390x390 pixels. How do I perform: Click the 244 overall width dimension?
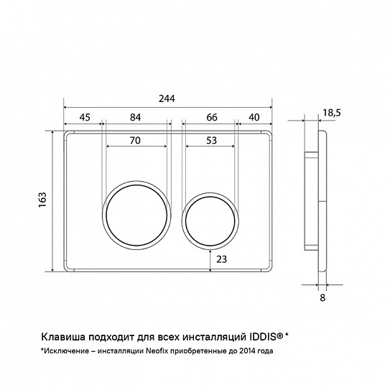click(167, 98)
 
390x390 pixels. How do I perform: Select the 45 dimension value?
click(85, 117)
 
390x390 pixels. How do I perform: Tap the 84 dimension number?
click(136, 117)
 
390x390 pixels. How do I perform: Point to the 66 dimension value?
click(212, 117)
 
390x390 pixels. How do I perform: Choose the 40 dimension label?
click(254, 117)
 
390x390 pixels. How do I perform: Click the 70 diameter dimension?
click(135, 141)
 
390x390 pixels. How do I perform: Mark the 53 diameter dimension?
click(212, 141)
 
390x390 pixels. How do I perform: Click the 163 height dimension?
click(42, 200)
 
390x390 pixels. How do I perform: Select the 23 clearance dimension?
click(222, 259)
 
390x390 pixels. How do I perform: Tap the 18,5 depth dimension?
click(332, 113)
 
